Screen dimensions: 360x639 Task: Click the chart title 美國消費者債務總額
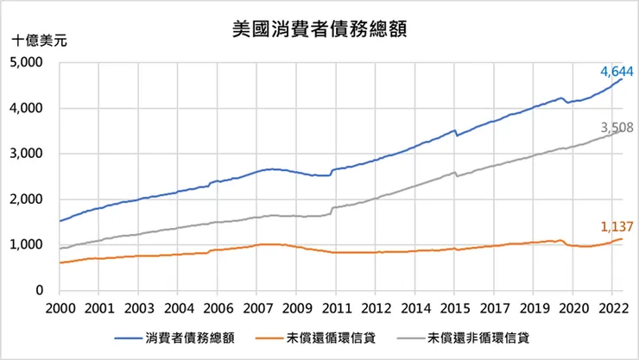tap(320, 28)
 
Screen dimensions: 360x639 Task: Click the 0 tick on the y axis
tap(39, 292)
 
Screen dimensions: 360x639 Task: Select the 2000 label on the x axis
tap(59, 307)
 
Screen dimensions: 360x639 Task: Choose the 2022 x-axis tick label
tap(612, 307)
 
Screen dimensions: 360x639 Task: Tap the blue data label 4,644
tap(617, 70)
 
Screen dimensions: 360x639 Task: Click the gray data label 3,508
tap(617, 128)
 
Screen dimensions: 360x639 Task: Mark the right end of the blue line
tap(622, 79)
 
